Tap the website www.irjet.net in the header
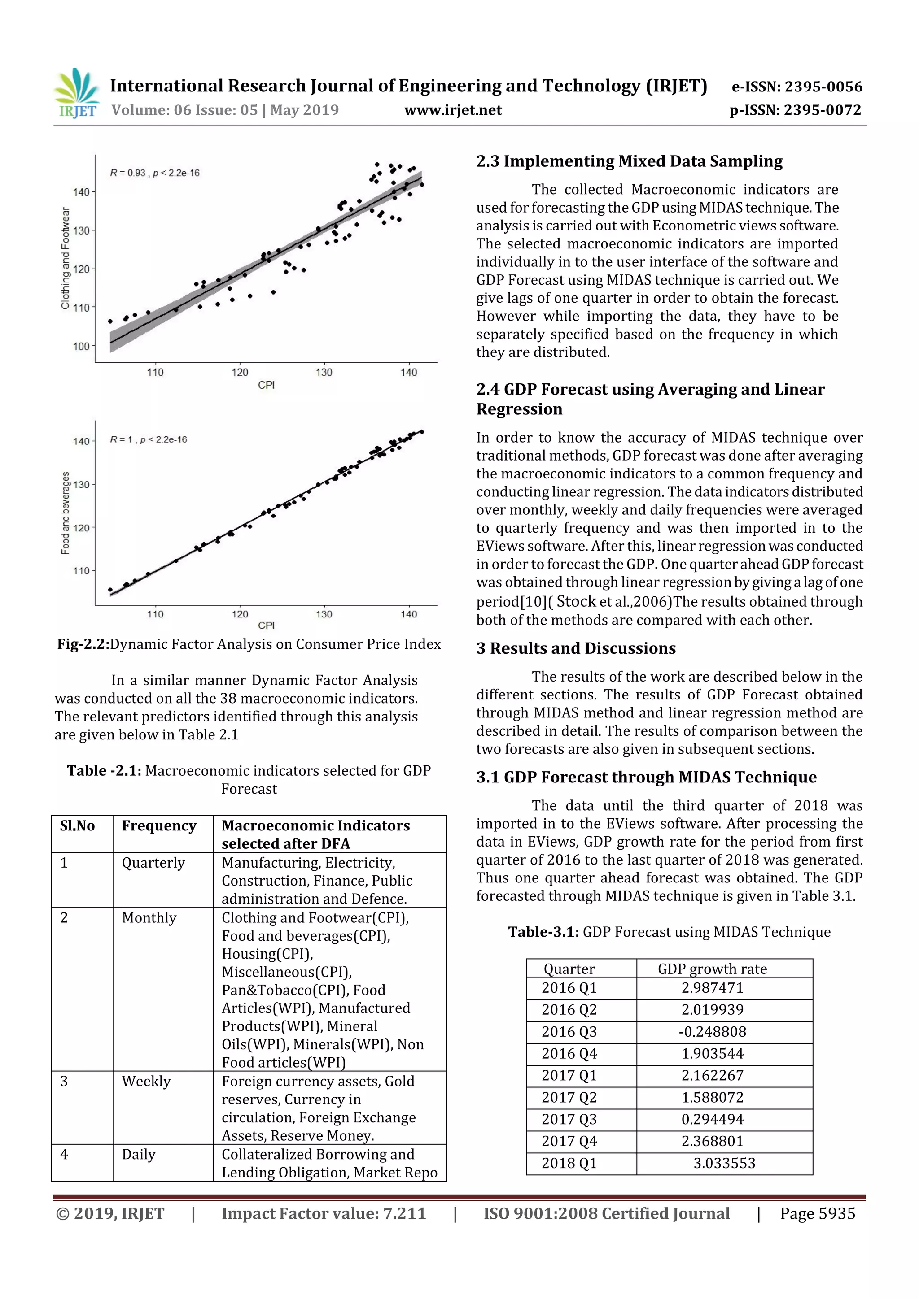[452, 110]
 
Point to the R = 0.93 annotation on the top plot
[154, 173]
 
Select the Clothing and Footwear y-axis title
[66, 259]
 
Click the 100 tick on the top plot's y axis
[81, 346]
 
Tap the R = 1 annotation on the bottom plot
[149, 439]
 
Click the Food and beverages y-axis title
[66, 513]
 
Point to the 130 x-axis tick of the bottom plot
[324, 614]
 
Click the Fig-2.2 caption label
[83, 644]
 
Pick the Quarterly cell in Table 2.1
[153, 863]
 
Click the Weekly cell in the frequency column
[146, 1082]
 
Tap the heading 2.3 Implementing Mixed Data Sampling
[629, 162]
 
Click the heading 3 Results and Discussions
[576, 648]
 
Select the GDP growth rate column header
[712, 969]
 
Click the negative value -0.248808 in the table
[712, 1032]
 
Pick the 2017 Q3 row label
[569, 1120]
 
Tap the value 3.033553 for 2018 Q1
[724, 1163]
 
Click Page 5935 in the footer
[817, 1213]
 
